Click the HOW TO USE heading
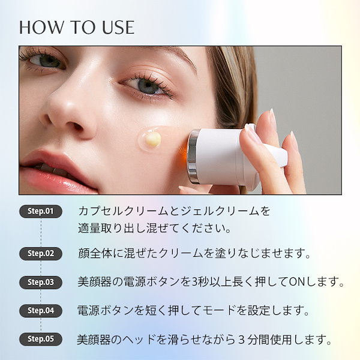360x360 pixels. click(x=77, y=28)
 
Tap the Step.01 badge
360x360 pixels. click(x=41, y=211)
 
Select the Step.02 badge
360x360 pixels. click(x=41, y=253)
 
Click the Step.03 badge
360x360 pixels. click(x=41, y=282)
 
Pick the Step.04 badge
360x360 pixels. click(x=41, y=311)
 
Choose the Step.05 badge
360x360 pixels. click(x=41, y=339)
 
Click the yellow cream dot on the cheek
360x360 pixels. click(x=153, y=139)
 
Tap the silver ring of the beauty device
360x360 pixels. click(x=193, y=156)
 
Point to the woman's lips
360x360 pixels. click(x=58, y=170)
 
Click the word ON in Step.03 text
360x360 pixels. click(x=297, y=282)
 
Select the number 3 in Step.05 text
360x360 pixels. click(x=241, y=340)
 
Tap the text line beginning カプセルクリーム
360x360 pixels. click(x=174, y=211)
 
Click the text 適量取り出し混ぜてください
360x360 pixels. click(x=154, y=228)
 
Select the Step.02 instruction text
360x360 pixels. click(x=194, y=253)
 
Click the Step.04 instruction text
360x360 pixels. click(x=193, y=311)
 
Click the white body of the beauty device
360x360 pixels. click(x=220, y=156)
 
